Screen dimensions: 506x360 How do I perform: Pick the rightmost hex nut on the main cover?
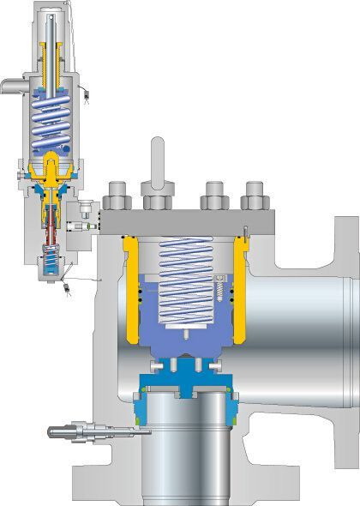[255, 196]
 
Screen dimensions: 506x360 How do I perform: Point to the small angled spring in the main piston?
[224, 286]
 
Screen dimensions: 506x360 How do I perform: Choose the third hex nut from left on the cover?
[213, 196]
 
